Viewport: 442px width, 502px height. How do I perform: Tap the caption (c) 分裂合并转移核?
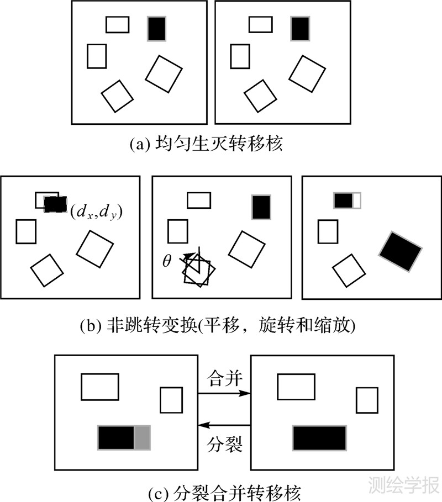tap(221, 489)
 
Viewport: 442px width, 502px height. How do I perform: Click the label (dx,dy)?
tap(97, 210)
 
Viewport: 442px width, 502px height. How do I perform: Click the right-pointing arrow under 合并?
tap(224, 394)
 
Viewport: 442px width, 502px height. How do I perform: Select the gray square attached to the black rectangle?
tap(143, 437)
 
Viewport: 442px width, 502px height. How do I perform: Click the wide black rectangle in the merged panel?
tap(319, 438)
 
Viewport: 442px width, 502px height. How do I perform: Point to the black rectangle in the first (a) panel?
tap(156, 28)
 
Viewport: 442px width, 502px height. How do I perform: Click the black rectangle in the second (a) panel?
tap(300, 28)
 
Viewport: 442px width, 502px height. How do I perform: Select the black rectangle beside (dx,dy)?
tap(55, 205)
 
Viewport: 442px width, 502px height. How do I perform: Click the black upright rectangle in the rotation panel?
tap(261, 207)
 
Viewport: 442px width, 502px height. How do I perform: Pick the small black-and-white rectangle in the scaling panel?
tap(347, 200)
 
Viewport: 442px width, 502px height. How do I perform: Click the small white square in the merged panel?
tap(367, 400)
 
